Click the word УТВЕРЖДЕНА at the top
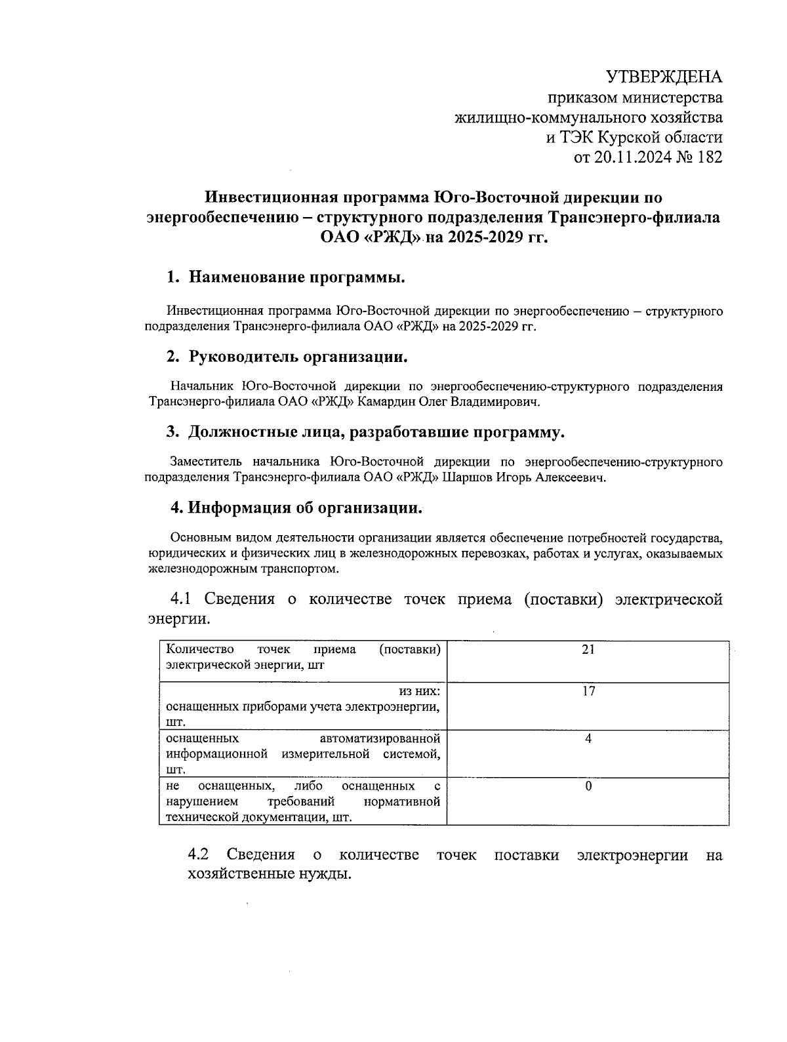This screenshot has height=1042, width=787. coord(663,77)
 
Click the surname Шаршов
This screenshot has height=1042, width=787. coord(470,478)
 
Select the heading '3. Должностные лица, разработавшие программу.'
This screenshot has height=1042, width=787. coord(365,432)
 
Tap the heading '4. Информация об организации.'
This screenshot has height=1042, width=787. coord(296,508)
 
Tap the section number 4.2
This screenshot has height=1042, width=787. coord(198,855)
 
